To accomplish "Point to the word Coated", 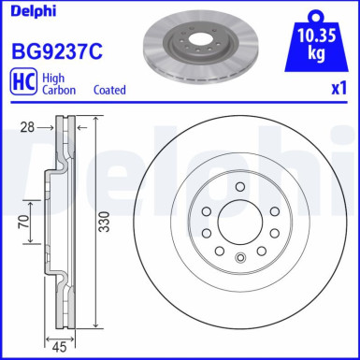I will tap(111, 91).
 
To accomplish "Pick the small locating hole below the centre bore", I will tap(240, 255).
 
